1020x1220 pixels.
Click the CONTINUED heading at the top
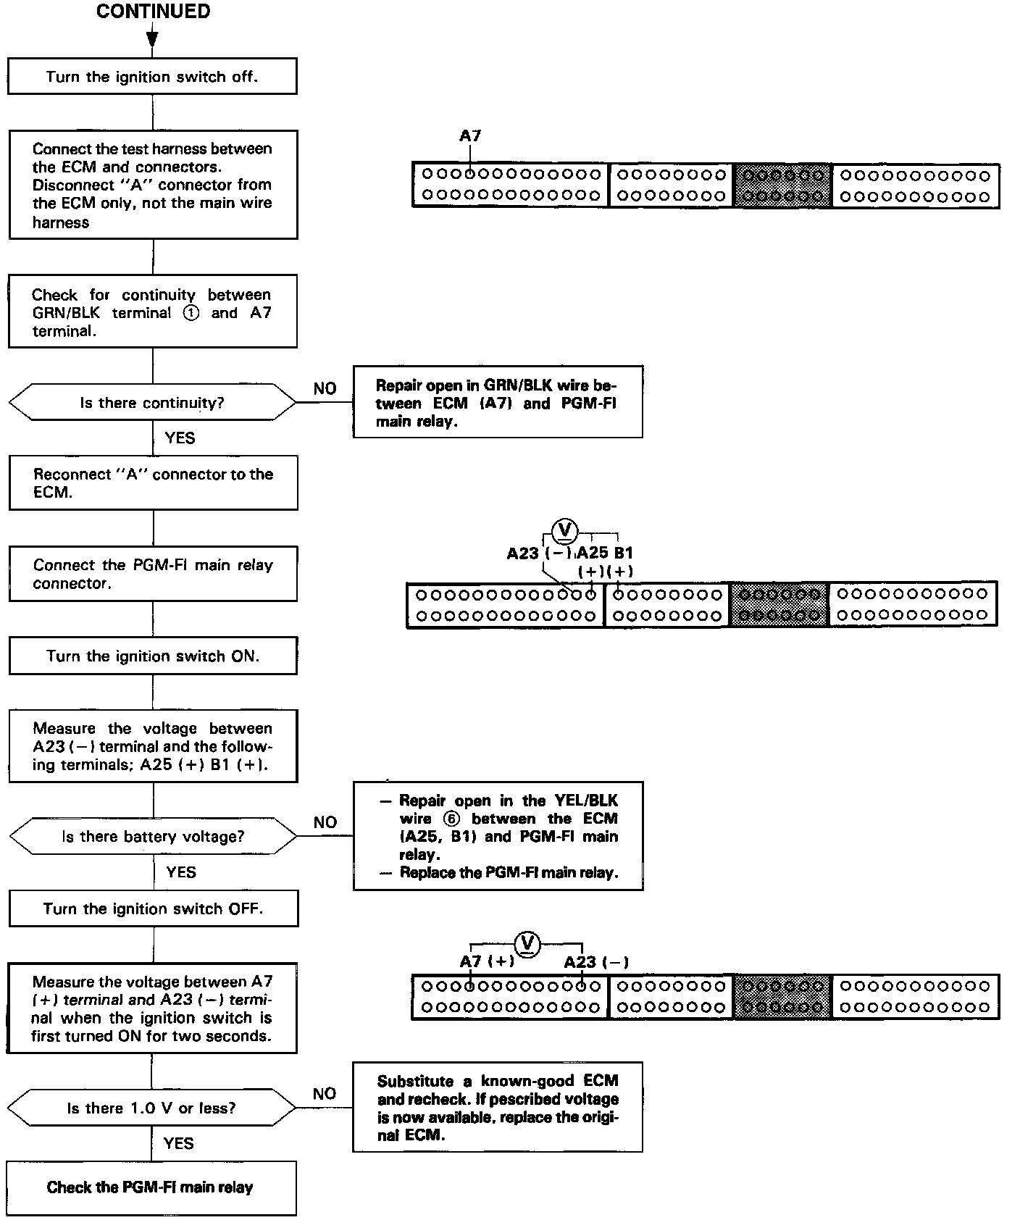153,12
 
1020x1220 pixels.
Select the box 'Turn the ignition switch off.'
152,76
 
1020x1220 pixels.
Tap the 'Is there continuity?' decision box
152,403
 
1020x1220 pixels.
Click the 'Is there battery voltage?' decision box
153,837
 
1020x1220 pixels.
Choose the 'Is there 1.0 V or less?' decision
151,1108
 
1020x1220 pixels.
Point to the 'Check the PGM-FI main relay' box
151,1187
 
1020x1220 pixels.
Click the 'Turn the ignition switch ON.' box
153,656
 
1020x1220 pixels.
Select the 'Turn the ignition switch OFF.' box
153,908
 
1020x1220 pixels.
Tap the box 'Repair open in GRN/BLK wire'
497,402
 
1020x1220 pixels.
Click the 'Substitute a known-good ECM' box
497,1107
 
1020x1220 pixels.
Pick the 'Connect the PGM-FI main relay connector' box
153,574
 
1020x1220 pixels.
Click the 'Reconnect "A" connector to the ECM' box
153,482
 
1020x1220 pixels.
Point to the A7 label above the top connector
470,135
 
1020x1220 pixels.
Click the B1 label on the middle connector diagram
623,553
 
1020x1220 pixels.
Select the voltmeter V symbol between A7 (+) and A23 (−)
527,943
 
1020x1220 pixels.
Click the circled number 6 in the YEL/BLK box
453,819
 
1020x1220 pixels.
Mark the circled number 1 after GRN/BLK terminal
191,313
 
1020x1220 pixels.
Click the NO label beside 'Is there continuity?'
325,388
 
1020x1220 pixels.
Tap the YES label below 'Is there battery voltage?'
180,872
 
